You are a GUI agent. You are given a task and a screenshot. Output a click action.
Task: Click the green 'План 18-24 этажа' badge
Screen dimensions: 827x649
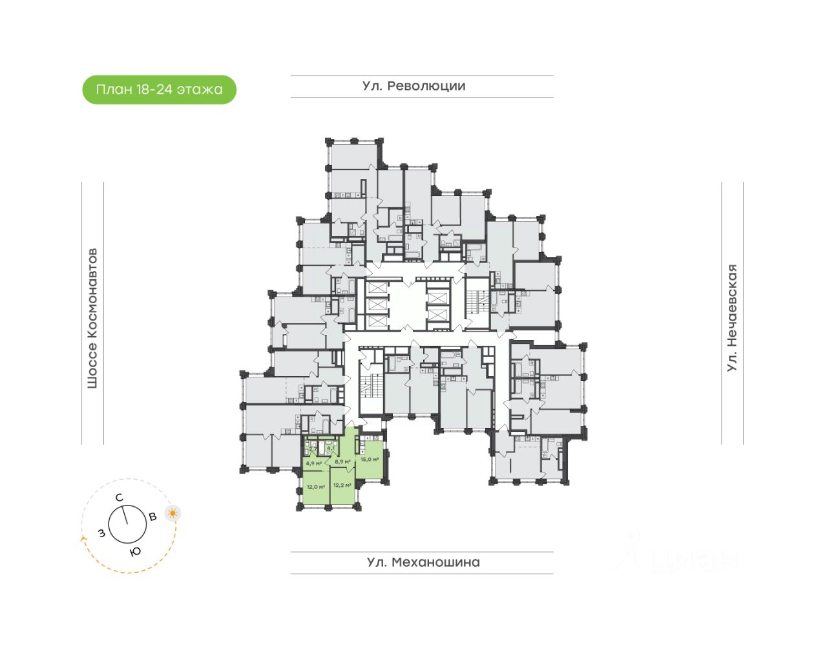point(159,90)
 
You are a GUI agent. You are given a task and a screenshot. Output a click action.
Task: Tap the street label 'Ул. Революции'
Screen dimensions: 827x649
point(413,86)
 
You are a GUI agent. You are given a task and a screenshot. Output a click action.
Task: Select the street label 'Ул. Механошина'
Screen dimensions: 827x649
point(423,562)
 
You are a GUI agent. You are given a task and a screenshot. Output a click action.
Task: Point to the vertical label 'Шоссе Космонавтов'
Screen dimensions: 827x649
point(92,318)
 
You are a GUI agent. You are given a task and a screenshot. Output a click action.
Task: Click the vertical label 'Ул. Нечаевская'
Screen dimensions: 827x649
point(732,318)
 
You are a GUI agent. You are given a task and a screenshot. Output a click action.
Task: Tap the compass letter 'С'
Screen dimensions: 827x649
point(119,498)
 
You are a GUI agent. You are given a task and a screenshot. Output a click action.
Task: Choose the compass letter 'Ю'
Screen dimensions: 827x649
point(135,551)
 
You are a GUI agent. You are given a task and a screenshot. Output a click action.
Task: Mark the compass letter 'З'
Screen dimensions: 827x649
point(101,533)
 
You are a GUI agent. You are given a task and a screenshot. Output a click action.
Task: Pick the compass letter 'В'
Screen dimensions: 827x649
point(153,516)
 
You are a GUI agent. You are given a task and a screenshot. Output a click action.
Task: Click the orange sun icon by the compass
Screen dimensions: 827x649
point(173,514)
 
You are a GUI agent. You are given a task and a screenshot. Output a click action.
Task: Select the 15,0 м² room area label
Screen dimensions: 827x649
point(369,460)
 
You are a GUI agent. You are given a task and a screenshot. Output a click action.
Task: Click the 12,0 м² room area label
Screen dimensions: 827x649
point(315,487)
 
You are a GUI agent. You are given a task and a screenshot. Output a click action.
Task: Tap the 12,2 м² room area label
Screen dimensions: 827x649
point(342,485)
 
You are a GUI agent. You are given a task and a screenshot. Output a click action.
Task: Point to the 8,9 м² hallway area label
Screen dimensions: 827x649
point(342,462)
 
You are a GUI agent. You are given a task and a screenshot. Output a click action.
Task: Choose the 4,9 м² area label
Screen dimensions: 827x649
point(313,463)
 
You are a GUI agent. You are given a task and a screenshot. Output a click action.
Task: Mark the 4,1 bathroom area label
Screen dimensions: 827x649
point(331,447)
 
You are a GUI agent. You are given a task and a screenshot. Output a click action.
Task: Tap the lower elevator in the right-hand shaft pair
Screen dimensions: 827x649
point(437,315)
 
